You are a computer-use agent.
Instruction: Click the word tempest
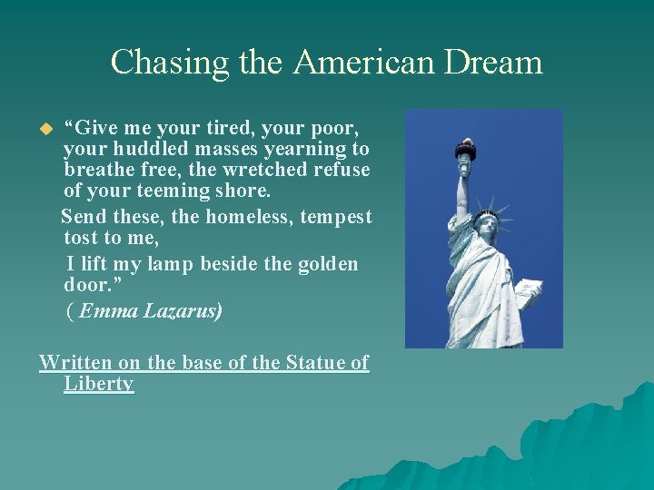coord(337,217)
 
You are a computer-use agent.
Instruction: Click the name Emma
coord(104,311)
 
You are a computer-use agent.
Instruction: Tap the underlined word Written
coord(76,363)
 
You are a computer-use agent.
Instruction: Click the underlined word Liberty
coord(99,384)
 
